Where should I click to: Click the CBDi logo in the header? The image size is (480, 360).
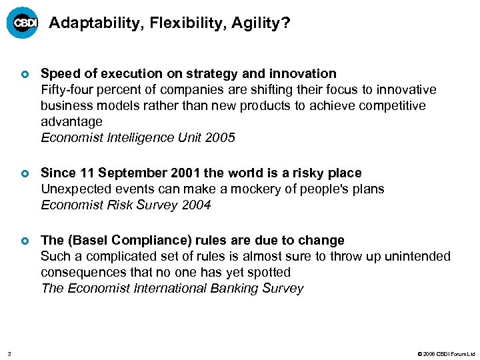(23, 23)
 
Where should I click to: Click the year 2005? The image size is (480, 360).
(221, 138)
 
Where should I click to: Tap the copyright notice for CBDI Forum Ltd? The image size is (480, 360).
(445, 353)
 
